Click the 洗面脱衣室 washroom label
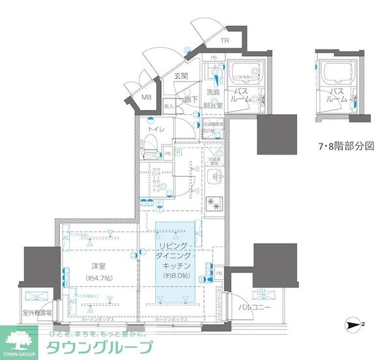[x=214, y=98]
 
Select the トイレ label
[x=156, y=130]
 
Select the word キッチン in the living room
[x=175, y=266]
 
